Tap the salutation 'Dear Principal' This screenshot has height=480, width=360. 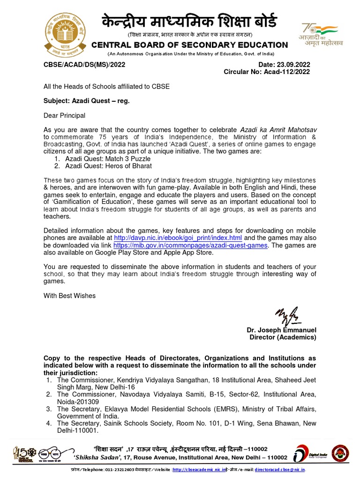pyautogui.click(x=64, y=115)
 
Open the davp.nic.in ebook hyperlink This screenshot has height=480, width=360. pyautogui.click(x=171, y=238)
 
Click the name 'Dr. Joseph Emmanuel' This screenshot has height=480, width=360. pyautogui.click(x=281, y=330)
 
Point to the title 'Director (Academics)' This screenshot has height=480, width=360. pyautogui.click(x=283, y=337)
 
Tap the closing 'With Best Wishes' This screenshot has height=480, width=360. pyautogui.click(x=69, y=296)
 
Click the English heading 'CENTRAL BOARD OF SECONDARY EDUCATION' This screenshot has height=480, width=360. pyautogui.click(x=189, y=45)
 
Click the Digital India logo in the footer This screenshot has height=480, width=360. pyautogui.click(x=306, y=454)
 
